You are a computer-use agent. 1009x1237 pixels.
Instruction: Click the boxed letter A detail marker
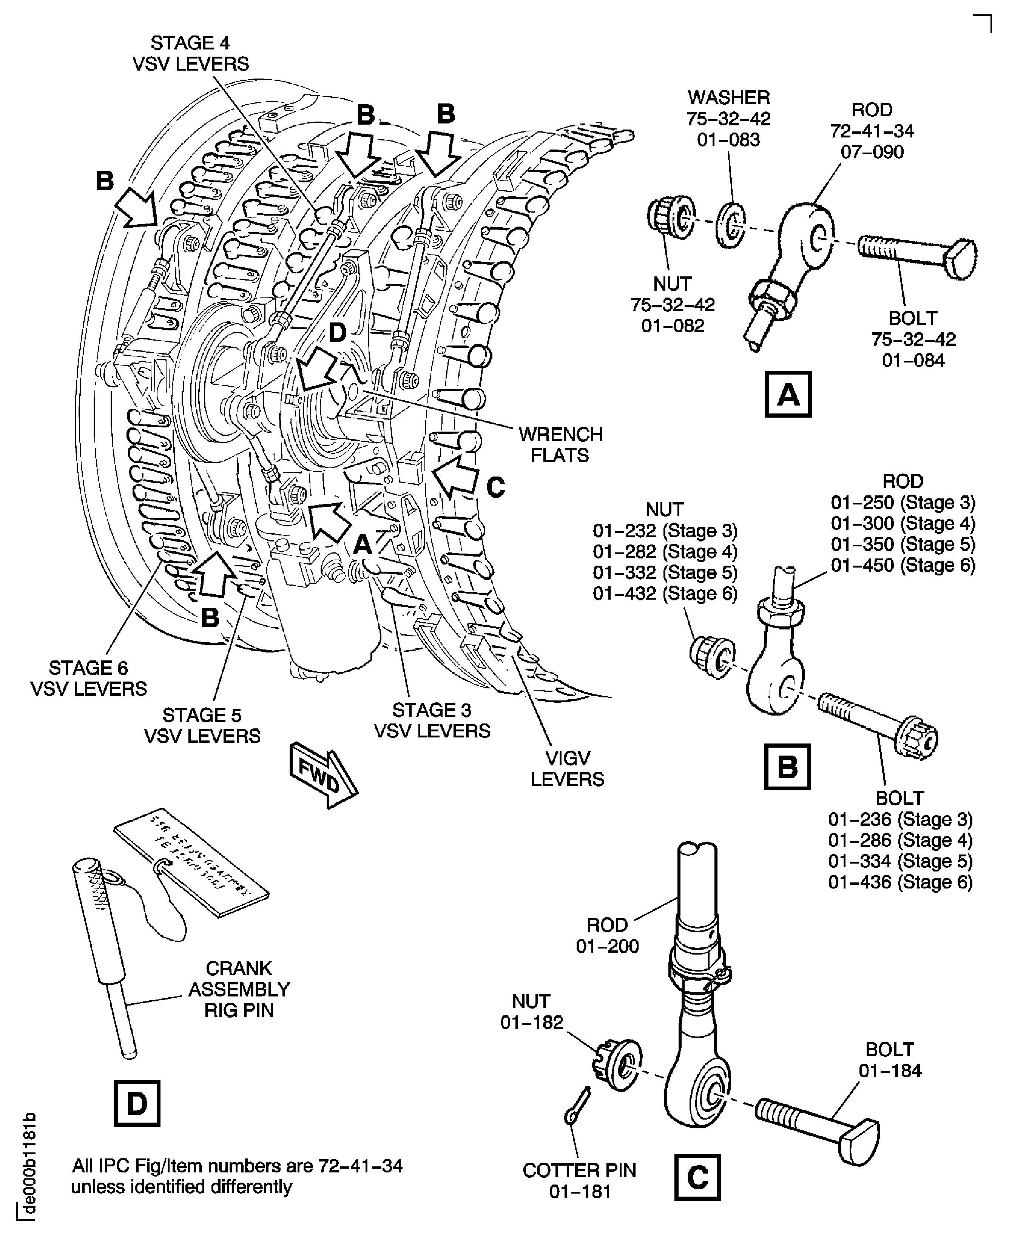[x=788, y=395]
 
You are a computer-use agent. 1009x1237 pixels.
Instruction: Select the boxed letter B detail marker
[x=787, y=767]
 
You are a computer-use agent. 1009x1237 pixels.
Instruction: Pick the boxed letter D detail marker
[x=137, y=1103]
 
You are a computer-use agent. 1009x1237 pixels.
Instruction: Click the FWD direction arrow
[x=322, y=774]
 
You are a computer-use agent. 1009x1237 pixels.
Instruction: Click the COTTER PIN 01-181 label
[x=580, y=1181]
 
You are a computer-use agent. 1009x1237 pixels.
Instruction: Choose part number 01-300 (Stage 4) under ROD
[x=903, y=523]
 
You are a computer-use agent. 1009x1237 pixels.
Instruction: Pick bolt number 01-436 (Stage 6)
[x=900, y=882]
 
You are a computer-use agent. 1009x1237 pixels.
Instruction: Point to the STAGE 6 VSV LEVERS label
[x=88, y=678]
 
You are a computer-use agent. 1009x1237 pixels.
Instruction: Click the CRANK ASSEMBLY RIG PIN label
[x=239, y=989]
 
